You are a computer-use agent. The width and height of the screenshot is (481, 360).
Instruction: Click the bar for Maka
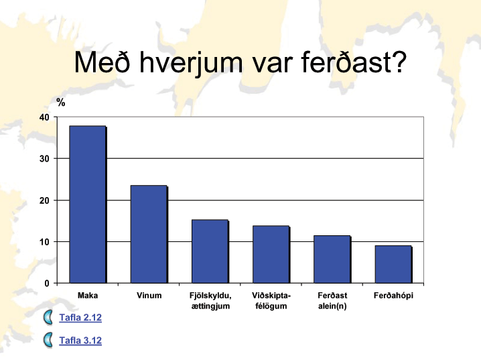point(88,204)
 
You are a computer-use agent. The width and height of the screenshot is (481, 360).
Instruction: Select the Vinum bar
point(149,234)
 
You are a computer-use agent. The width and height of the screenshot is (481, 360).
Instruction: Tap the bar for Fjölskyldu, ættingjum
point(210,251)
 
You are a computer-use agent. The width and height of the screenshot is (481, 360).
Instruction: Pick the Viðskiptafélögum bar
point(271,255)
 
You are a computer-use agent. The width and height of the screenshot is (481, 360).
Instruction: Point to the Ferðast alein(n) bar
point(332,259)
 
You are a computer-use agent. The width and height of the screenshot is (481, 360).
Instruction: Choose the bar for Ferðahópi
point(393,264)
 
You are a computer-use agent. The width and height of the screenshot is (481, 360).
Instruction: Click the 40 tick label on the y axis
point(44,117)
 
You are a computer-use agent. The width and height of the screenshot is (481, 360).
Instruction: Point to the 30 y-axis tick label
point(44,159)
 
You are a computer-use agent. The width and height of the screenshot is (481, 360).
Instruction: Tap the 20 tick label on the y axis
point(44,200)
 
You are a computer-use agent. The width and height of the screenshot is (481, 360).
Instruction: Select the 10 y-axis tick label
point(44,242)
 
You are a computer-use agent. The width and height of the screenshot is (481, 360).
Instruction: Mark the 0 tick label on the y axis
point(47,284)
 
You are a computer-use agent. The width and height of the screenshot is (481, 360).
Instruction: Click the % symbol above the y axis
point(61,102)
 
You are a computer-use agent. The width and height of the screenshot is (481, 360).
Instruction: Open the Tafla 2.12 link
point(80,317)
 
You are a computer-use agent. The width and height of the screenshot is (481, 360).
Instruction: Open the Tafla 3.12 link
point(80,341)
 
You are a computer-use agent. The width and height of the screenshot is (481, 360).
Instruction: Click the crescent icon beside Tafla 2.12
point(48,317)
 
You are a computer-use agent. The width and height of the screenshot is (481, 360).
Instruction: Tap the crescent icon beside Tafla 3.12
point(48,340)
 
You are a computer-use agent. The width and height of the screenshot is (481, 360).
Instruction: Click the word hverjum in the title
point(191,63)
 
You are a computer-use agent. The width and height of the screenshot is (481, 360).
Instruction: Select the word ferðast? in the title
point(354,62)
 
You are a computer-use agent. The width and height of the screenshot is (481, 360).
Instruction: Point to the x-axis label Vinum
point(149,296)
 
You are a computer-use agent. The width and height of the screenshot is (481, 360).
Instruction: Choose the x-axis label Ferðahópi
point(393,296)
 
